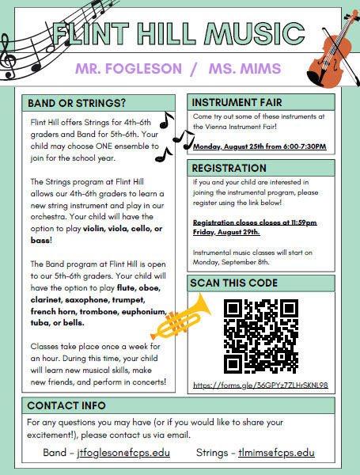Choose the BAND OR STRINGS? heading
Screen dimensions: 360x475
[x=77, y=104]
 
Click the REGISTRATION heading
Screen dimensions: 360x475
[x=230, y=168]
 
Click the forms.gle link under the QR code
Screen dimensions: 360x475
[x=260, y=386]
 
